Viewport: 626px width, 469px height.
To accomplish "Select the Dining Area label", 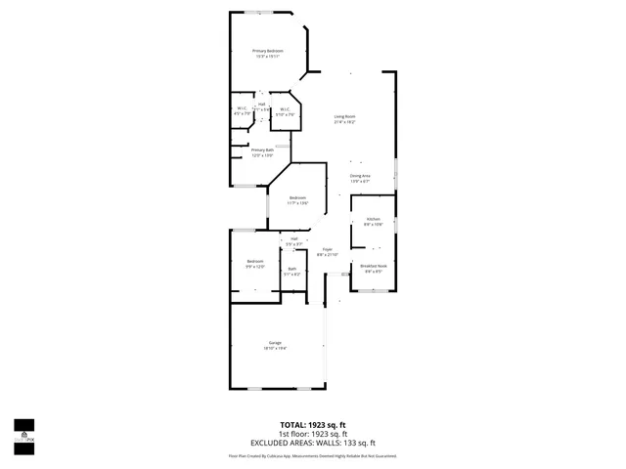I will tap(360, 178).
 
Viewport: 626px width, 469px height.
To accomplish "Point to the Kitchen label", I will tap(373, 221).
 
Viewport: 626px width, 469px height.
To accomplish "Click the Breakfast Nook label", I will tap(375, 268).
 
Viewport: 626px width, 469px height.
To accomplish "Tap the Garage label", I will tap(276, 344).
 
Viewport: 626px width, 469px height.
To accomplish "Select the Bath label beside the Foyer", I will tap(291, 271).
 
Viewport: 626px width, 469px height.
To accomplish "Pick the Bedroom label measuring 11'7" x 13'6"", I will tap(298, 200).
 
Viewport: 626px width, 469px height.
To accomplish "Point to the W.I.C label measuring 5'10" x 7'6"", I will tap(285, 111).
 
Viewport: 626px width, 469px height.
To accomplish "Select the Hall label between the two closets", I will tap(262, 106).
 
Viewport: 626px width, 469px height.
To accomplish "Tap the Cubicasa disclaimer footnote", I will tap(313, 454).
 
